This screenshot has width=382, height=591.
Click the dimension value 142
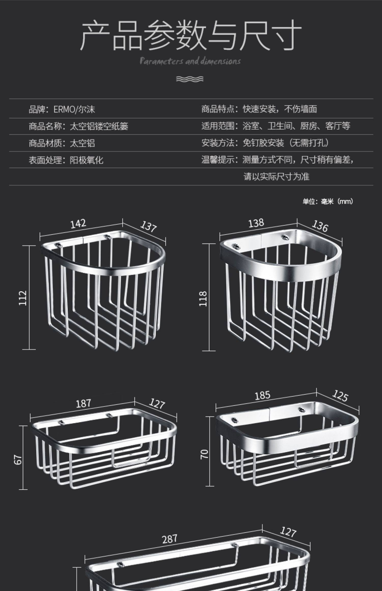click(x=78, y=224)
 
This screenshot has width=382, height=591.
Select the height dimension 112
click(x=23, y=298)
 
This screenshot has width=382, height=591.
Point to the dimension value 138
click(x=256, y=223)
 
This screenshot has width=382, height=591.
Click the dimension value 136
click(x=320, y=226)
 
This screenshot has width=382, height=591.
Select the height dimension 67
click(x=18, y=460)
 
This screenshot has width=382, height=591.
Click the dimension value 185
click(x=262, y=395)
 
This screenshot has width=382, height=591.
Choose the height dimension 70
click(x=204, y=454)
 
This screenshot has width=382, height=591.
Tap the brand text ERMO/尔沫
click(x=74, y=109)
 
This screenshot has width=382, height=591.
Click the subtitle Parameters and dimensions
click(x=190, y=61)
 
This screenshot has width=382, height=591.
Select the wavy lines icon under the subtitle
click(x=190, y=79)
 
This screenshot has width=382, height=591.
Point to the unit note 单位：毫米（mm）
click(x=328, y=202)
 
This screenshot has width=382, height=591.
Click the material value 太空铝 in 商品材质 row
click(x=82, y=143)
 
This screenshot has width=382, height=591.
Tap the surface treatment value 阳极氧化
click(x=87, y=160)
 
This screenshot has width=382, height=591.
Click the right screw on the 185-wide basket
click(x=302, y=410)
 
